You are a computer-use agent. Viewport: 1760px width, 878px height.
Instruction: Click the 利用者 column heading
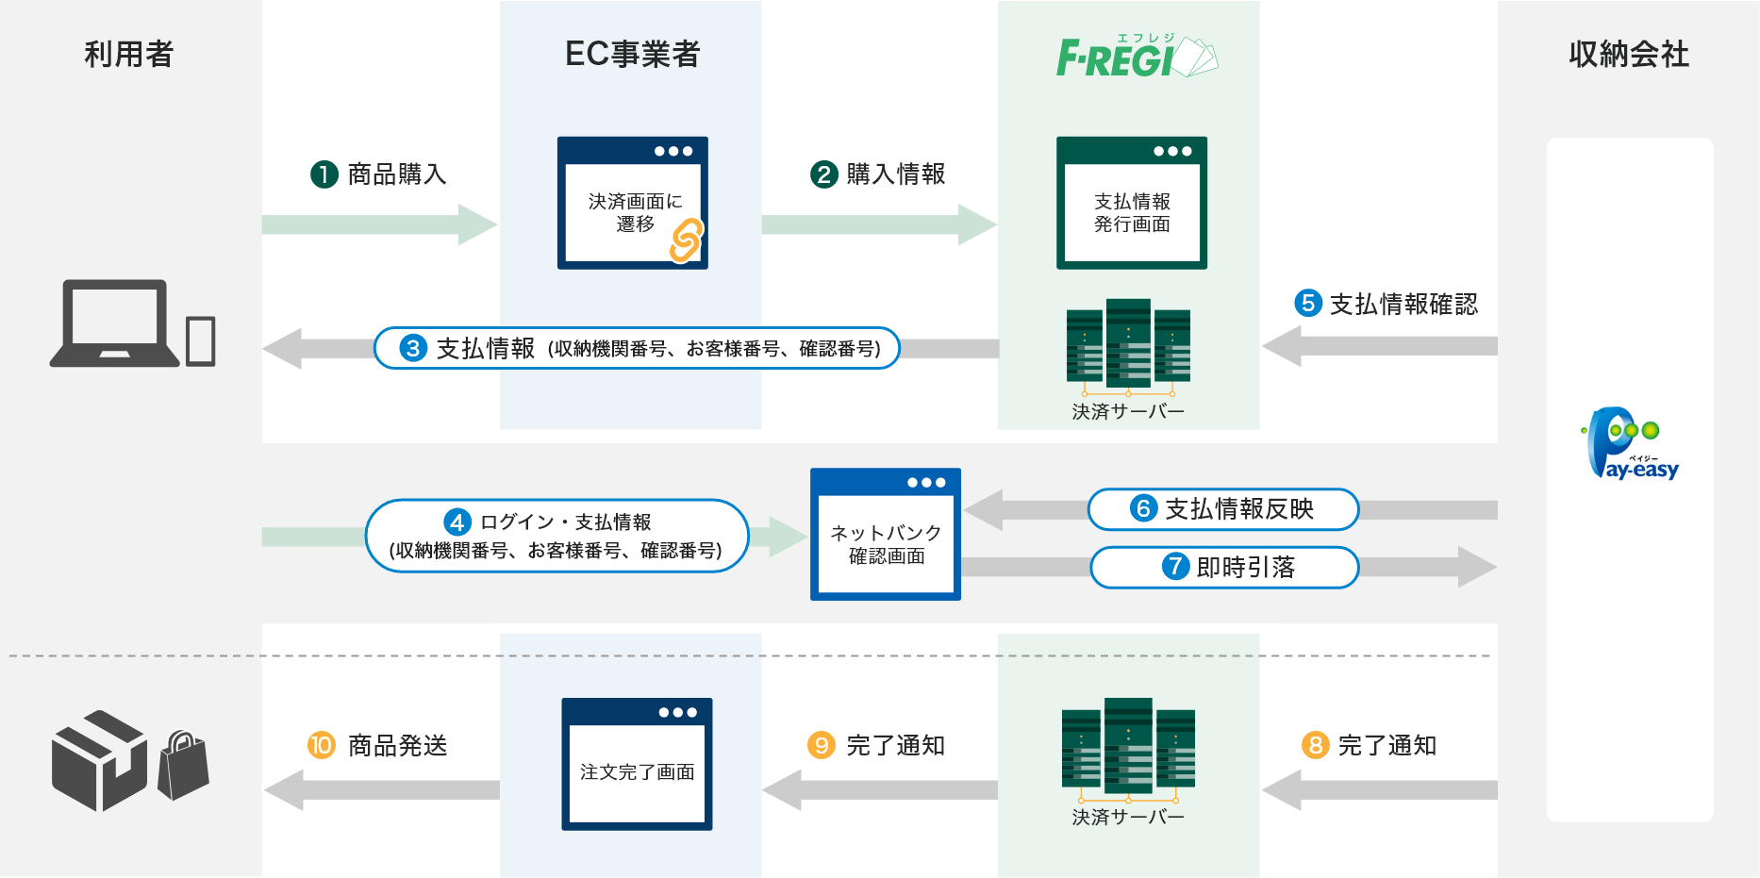coord(129,55)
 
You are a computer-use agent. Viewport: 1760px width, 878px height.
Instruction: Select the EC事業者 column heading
coord(632,55)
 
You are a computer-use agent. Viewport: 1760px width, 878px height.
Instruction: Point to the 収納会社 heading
coord(1629,55)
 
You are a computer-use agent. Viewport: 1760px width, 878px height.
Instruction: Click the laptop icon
coord(115,323)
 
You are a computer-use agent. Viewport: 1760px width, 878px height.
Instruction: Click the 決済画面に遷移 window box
coord(632,203)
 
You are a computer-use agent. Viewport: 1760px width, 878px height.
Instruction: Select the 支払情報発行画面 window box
coord(1131,203)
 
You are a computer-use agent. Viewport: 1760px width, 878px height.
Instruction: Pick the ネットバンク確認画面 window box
coord(885,534)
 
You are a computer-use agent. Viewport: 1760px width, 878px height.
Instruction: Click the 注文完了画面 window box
coord(637,764)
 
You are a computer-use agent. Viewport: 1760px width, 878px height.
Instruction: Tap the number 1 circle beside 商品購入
coord(324,174)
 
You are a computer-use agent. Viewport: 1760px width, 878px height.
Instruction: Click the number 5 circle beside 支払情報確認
coord(1308,303)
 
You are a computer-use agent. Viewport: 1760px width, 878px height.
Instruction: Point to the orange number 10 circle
coord(322,745)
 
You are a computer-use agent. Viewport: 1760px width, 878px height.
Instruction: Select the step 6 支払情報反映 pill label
coord(1222,509)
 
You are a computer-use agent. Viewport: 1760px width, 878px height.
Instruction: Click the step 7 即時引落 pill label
coord(1224,567)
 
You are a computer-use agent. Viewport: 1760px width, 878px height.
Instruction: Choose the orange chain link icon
coord(686,240)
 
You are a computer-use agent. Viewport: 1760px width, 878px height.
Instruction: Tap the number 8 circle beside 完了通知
coord(1315,745)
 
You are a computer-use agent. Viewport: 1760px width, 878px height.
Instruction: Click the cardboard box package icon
coord(99,760)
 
